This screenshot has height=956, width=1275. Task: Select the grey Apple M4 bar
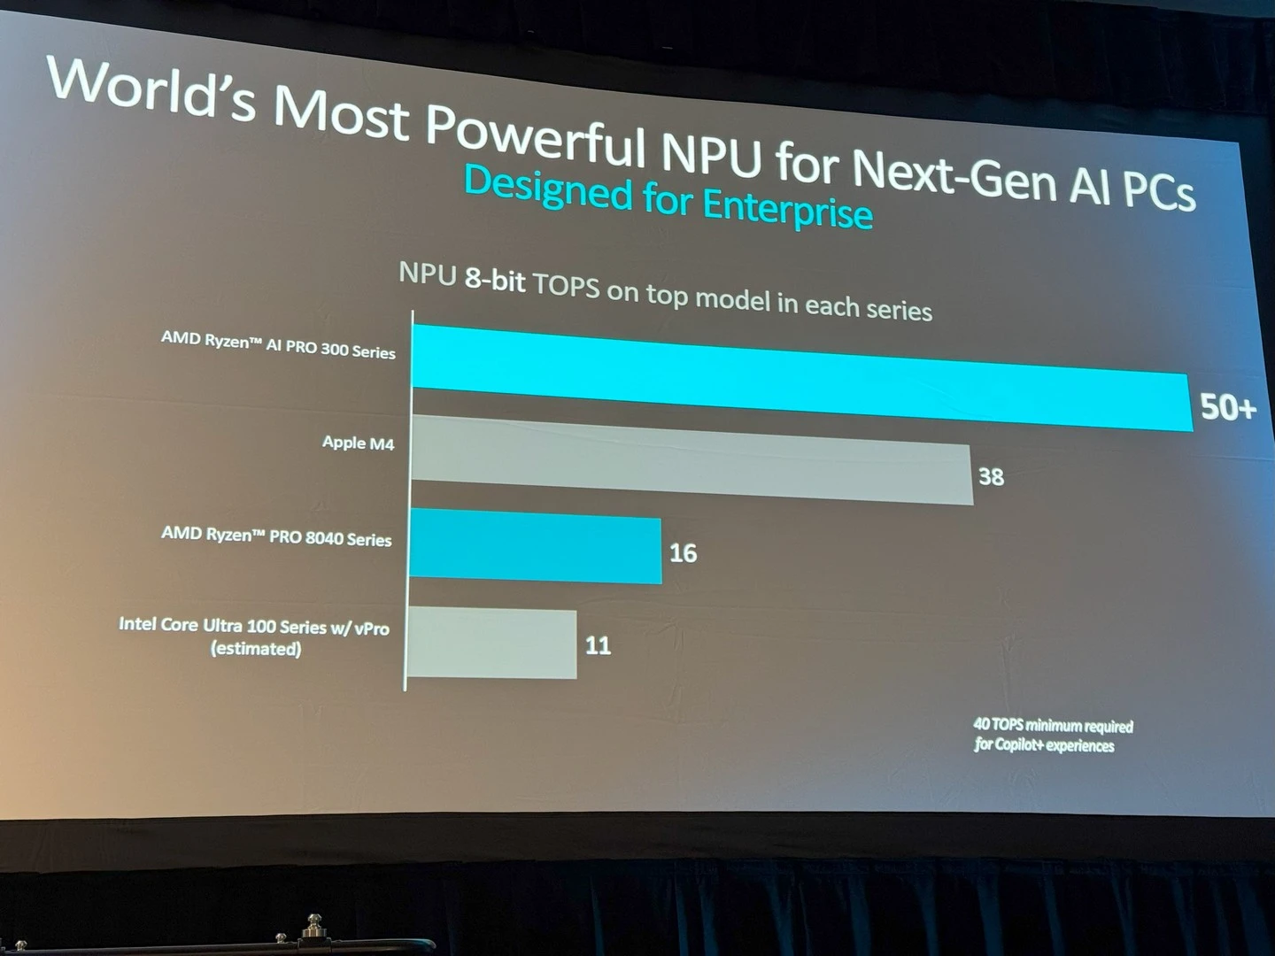tap(691, 460)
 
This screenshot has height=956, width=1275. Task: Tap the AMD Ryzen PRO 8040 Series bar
tap(535, 547)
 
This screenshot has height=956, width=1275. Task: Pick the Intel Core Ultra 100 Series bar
tap(491, 643)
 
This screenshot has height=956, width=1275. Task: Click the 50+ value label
tap(1227, 407)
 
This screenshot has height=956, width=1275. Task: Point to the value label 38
tap(991, 477)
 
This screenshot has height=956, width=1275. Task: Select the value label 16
tap(683, 553)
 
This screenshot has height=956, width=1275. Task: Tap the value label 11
tap(598, 645)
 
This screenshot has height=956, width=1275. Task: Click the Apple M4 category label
tap(358, 443)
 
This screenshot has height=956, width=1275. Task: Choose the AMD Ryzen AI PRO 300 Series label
tap(278, 345)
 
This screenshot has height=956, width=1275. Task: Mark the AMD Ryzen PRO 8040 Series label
tap(276, 536)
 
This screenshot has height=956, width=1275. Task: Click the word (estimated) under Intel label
tap(256, 649)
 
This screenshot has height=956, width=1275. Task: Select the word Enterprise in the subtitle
tap(787, 209)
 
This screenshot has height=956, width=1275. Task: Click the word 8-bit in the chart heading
tap(495, 280)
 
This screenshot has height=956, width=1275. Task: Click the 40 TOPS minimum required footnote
tap(1053, 726)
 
